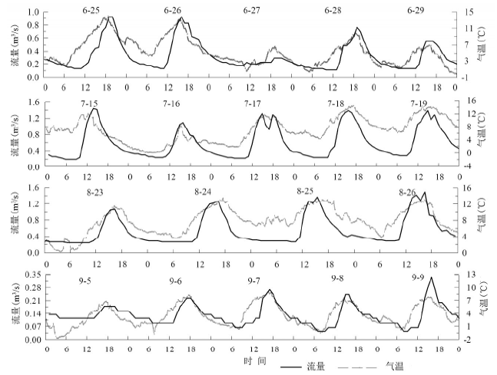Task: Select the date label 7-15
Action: (x=88, y=103)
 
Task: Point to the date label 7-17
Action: (x=253, y=103)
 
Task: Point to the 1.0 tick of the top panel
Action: (x=33, y=13)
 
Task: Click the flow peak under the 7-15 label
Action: (x=94, y=108)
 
